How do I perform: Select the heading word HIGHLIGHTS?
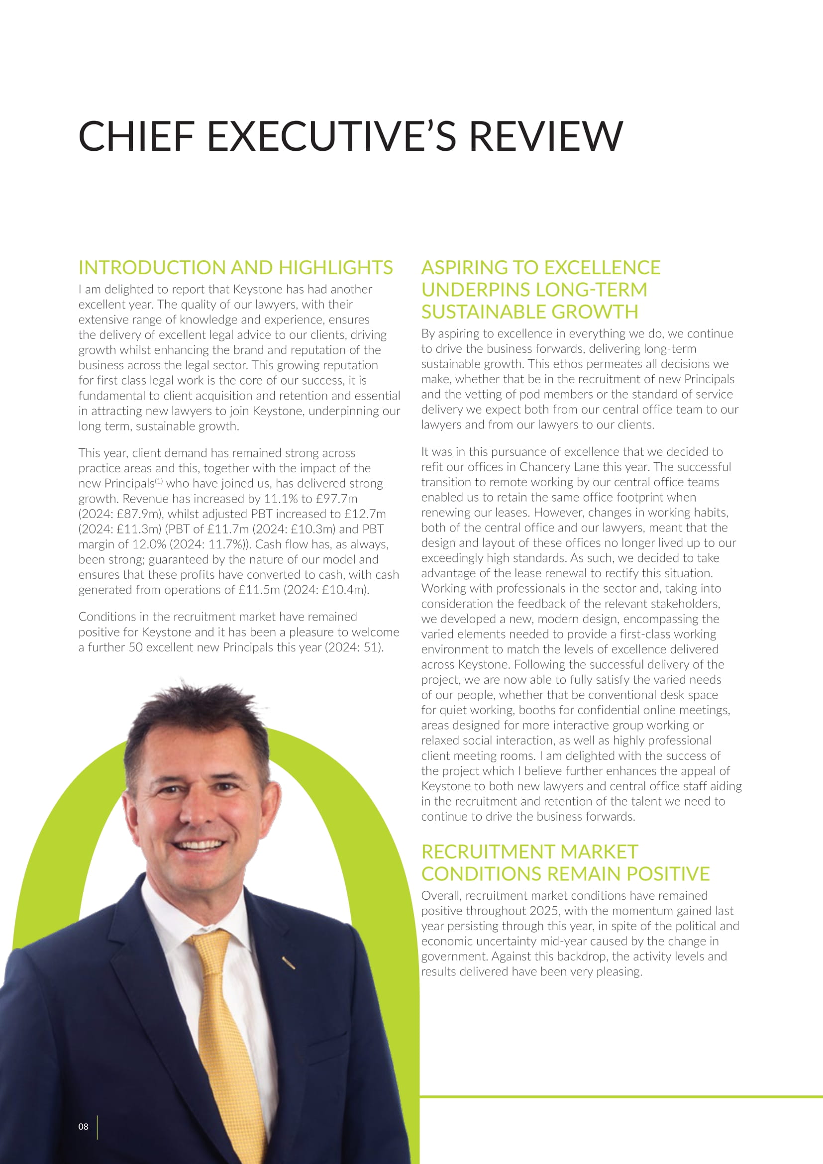pos(335,267)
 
